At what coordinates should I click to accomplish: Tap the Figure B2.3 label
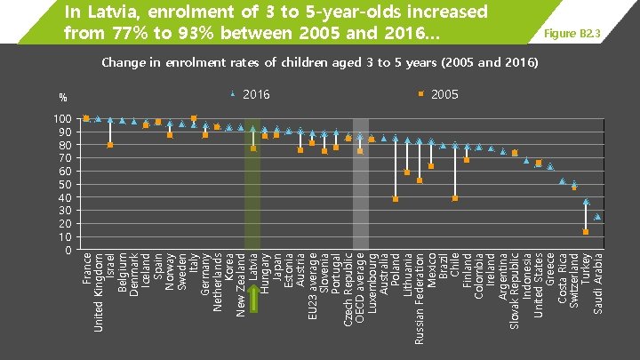pyautogui.click(x=577, y=34)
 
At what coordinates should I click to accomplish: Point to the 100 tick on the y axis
pyautogui.click(x=61, y=119)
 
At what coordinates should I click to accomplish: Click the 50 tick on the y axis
pyautogui.click(x=65, y=184)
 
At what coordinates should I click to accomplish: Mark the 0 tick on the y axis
pyautogui.click(x=68, y=250)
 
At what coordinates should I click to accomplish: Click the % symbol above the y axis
pyautogui.click(x=63, y=97)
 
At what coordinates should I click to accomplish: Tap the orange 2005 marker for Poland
pyautogui.click(x=396, y=199)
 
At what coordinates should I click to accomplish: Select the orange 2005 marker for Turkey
pyautogui.click(x=586, y=232)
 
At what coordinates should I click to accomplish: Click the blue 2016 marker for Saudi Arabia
pyautogui.click(x=597, y=216)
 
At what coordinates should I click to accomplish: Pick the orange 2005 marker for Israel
pyautogui.click(x=109, y=145)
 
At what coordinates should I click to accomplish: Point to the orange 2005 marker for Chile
pyautogui.click(x=455, y=198)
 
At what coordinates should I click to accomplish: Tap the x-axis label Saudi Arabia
pyautogui.click(x=598, y=283)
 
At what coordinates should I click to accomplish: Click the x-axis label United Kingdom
pyautogui.click(x=98, y=292)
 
